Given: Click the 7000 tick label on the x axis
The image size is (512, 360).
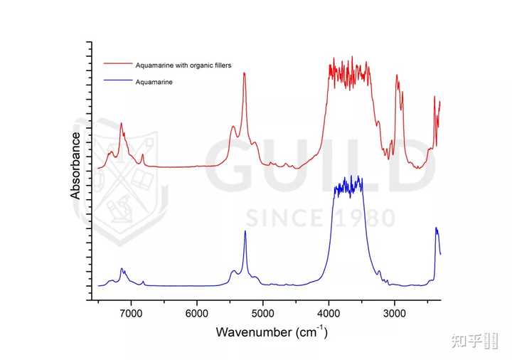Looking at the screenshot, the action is point(132,313).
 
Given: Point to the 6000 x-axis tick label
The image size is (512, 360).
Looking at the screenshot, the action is point(197,313).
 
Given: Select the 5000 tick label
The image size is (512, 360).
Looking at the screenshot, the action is point(263,313).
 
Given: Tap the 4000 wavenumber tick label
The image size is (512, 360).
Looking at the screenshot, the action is point(329,313).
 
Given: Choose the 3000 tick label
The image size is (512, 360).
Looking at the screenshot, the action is point(395,313).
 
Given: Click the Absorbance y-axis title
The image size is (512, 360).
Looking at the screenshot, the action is point(75,166).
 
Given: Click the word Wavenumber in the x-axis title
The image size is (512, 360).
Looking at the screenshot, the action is point(254,332).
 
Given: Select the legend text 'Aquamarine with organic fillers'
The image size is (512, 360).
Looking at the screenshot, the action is point(183,65).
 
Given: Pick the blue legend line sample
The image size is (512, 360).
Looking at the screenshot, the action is point(118,80).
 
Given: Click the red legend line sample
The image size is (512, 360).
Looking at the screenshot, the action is point(118,63).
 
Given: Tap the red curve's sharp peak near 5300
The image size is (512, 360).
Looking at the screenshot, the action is point(244,73).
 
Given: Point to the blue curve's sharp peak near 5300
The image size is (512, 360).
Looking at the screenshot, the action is point(245,231).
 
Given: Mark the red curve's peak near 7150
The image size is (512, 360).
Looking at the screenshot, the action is point(122,123).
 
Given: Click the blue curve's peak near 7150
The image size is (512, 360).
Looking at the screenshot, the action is point(122,268).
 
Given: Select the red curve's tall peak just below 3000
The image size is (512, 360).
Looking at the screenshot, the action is point(397,75).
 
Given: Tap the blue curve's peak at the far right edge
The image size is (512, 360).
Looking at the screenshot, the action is point(436,228).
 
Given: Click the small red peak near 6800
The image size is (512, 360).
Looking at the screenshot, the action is point(142,154).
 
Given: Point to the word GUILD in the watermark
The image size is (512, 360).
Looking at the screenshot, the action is point(320,166).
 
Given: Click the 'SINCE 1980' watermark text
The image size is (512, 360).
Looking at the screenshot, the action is point(321,218).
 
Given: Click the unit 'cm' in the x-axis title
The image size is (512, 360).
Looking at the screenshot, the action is point(309,333).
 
